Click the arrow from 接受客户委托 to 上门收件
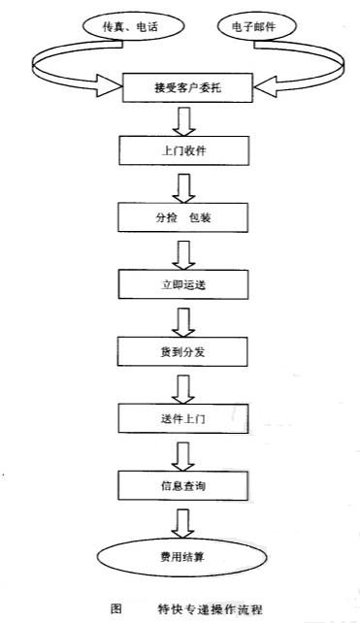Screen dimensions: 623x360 click(x=182, y=120)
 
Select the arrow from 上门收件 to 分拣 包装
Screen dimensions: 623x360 click(x=182, y=185)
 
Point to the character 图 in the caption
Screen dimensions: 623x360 click(x=116, y=608)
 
